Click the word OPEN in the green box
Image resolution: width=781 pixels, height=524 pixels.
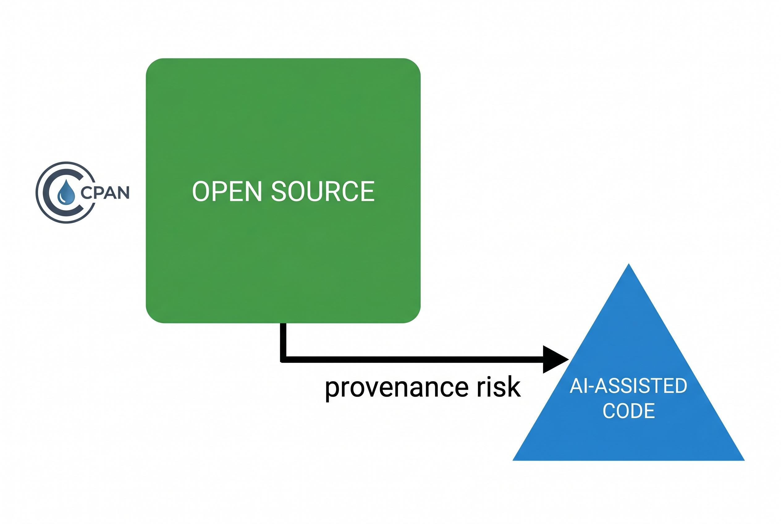click(x=226, y=191)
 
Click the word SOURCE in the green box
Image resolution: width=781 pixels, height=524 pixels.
click(x=323, y=191)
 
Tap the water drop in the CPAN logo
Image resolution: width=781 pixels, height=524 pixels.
click(x=66, y=192)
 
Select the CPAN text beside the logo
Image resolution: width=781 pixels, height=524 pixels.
click(x=105, y=192)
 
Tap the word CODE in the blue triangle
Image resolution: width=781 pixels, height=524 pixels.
click(x=628, y=411)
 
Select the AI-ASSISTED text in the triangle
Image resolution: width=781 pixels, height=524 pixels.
click(x=628, y=386)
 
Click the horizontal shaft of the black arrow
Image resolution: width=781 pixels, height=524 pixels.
click(x=414, y=360)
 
